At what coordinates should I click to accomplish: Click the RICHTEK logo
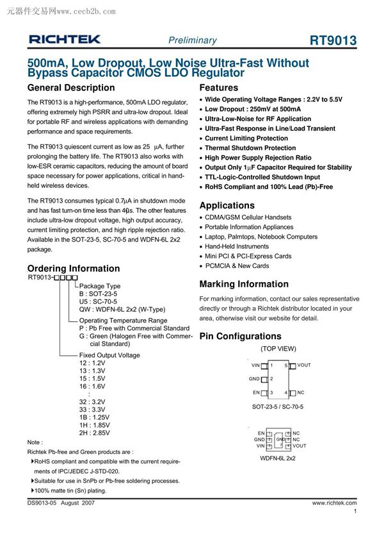(x=65, y=40)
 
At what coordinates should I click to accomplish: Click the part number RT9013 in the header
(x=333, y=40)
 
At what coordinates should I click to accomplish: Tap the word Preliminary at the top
(x=192, y=40)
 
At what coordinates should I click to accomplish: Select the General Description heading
(x=72, y=88)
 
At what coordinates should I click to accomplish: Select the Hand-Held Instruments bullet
(x=237, y=246)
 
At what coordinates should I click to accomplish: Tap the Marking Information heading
(x=244, y=284)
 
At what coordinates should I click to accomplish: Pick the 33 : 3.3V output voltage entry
(x=92, y=409)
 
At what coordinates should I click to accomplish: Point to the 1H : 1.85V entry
(x=94, y=425)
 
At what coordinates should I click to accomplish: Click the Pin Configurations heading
(x=241, y=336)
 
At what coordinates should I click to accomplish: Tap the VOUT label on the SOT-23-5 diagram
(x=304, y=365)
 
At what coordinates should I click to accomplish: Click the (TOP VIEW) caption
(x=278, y=349)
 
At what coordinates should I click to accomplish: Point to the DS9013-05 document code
(x=42, y=503)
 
